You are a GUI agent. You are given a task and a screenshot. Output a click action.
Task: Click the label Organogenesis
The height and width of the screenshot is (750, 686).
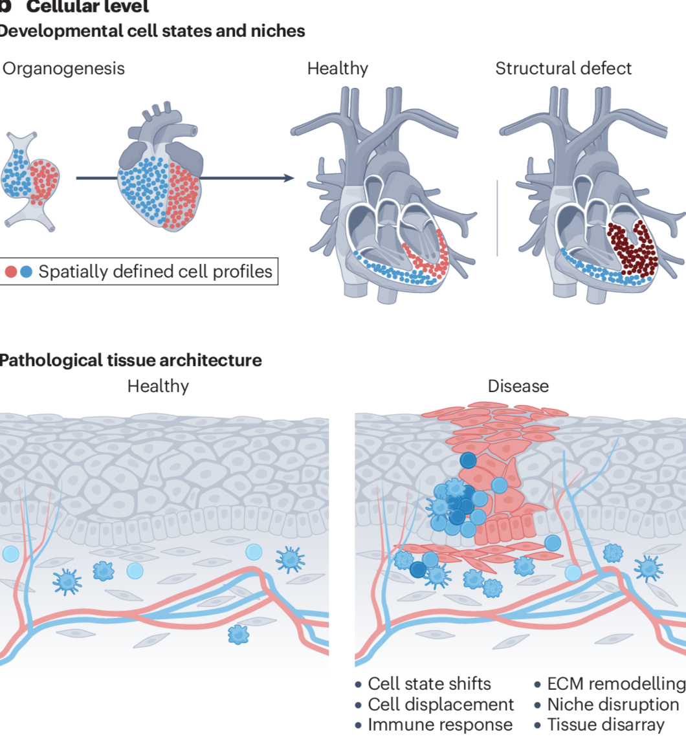click(x=63, y=69)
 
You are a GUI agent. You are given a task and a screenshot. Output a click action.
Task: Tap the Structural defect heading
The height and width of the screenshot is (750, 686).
click(x=563, y=69)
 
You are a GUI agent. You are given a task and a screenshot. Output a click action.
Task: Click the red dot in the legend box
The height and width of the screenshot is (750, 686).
click(x=11, y=272)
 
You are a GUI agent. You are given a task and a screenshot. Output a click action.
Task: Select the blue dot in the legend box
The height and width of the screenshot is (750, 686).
click(x=26, y=272)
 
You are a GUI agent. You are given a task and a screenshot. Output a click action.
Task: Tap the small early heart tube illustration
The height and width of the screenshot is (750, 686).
click(x=30, y=180)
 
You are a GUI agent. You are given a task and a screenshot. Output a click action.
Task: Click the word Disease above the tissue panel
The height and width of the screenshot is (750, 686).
click(x=518, y=386)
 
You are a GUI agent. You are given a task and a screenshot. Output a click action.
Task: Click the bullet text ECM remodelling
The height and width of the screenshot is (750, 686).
click(x=615, y=684)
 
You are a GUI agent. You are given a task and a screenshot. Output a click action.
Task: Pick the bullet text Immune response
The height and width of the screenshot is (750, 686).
click(x=440, y=725)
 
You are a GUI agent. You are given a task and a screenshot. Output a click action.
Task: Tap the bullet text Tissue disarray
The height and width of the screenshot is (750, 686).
click(x=606, y=725)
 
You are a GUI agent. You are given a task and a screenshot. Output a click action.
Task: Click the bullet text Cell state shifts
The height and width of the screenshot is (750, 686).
click(x=429, y=684)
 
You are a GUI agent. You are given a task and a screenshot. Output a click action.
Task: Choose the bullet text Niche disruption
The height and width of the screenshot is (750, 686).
click(x=613, y=705)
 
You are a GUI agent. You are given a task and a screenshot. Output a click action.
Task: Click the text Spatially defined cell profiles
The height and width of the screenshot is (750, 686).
click(x=155, y=272)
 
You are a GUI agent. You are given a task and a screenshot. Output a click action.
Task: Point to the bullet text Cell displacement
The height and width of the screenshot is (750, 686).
click(x=441, y=705)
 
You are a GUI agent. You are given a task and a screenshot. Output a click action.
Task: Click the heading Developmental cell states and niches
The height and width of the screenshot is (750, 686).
click(x=151, y=31)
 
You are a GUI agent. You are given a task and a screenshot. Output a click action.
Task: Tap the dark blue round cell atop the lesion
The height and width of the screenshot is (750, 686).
click(x=467, y=461)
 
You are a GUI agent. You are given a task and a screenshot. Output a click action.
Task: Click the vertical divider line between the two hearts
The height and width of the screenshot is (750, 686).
click(x=498, y=219)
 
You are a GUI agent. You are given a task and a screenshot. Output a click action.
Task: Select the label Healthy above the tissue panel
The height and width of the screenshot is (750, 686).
click(x=158, y=386)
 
